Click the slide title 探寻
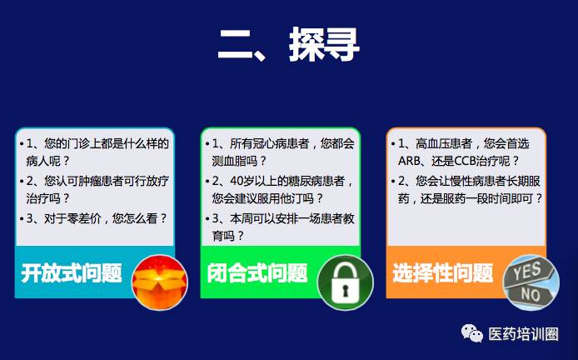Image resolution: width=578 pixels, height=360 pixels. click(324, 44)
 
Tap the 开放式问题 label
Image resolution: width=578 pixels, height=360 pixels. click(72, 273)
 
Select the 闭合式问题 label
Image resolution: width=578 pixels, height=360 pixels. click(257, 273)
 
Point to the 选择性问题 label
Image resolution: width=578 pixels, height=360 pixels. click(443, 273)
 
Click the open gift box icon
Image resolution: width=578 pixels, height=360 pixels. click(160, 282)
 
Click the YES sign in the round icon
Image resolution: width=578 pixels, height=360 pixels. click(529, 272)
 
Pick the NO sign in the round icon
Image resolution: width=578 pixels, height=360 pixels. click(531, 294)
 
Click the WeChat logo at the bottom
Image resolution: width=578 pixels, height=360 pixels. click(472, 333)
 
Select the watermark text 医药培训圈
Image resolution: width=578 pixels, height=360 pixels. click(523, 334)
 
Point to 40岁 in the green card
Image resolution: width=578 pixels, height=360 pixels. click(242, 181)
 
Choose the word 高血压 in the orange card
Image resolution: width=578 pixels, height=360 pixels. click(433, 143)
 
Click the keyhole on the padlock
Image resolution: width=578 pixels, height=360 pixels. click(346, 291)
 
